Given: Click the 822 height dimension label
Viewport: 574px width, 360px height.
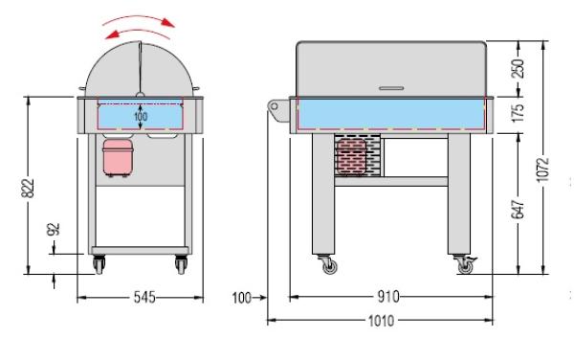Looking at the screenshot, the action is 28,189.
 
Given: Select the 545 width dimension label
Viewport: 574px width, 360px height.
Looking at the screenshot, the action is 144,297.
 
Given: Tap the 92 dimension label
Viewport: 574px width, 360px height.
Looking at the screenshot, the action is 54,229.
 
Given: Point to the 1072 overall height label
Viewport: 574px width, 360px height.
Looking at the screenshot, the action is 542,169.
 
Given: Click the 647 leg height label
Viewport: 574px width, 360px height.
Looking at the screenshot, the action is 518,210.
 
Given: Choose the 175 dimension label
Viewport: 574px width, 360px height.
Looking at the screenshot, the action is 518,113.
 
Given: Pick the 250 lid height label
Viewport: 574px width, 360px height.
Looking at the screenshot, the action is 518,69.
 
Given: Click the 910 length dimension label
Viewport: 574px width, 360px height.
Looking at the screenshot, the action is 388,297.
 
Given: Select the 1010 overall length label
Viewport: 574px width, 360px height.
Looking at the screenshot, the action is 382,321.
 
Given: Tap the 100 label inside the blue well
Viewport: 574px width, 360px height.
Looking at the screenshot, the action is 141,117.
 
